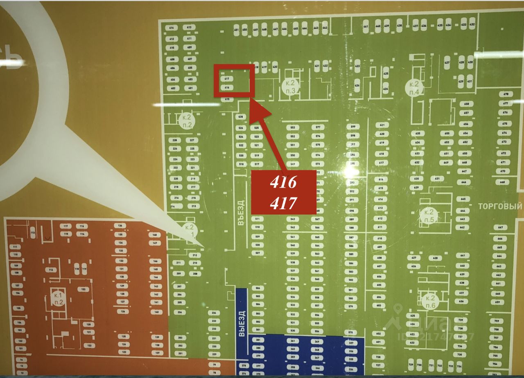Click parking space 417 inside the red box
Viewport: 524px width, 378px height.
click(226, 78)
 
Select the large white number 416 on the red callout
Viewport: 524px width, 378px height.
click(283, 183)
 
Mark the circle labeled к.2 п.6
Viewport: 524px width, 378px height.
click(429, 301)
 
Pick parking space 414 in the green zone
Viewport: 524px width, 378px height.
click(172, 27)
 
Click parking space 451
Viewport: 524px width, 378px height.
click(236, 30)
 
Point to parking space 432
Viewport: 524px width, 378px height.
click(472, 25)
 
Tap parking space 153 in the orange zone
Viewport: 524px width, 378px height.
click(83, 289)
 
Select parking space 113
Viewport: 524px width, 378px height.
click(33, 233)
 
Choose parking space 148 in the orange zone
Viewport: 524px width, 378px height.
click(154, 235)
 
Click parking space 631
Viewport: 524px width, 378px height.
click(437, 179)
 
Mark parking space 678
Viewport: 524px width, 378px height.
click(506, 94)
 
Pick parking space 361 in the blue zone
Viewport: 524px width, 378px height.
click(292, 341)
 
